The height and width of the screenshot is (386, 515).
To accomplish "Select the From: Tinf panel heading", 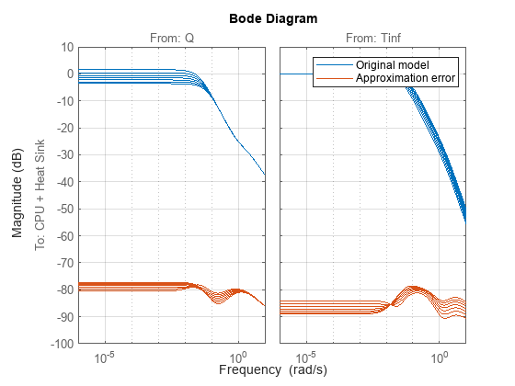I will pos(372,38).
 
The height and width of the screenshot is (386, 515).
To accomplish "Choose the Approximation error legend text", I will pos(406,79).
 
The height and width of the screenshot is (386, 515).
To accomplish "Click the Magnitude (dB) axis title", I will pos(18,195).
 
